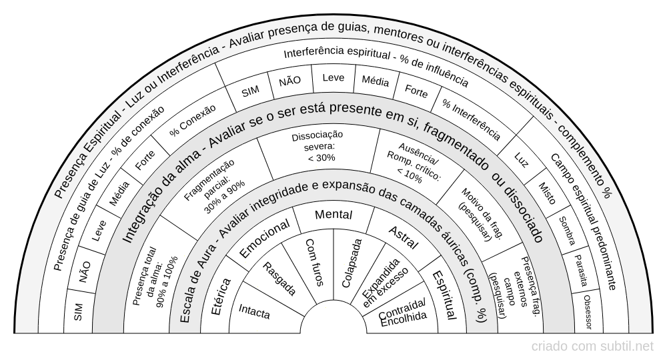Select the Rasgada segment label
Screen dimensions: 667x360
point(279,279)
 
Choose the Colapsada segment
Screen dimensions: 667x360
point(352,263)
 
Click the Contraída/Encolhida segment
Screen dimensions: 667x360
point(402,313)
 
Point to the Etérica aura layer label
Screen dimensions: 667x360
point(221,296)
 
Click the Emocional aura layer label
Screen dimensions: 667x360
point(265,238)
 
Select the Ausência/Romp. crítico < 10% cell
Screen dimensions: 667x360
point(414,163)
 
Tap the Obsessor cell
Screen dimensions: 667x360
point(588,312)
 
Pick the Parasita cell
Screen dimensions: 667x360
point(580,271)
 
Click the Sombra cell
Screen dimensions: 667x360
point(566,231)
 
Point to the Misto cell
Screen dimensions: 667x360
point(547,193)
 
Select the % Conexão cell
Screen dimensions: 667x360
point(193,120)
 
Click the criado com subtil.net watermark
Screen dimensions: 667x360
point(592,347)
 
